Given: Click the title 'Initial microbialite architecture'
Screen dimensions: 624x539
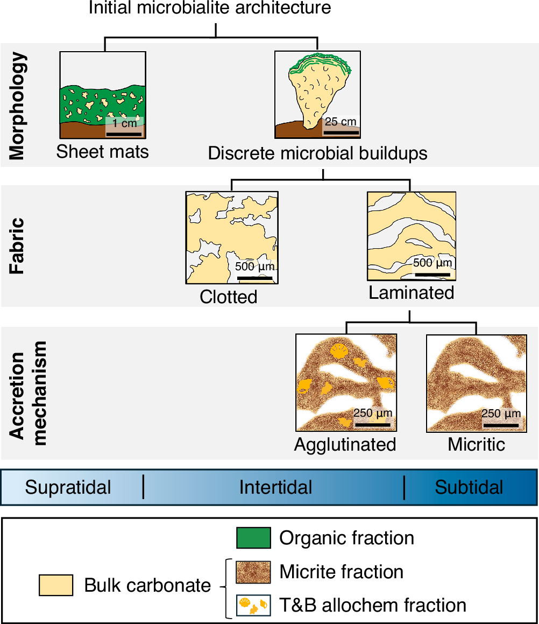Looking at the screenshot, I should [210, 8].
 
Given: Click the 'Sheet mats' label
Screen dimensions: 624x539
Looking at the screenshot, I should [102, 152].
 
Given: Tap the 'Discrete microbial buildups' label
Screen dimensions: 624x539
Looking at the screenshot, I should [317, 153].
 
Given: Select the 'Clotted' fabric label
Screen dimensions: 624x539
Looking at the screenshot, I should [229, 297].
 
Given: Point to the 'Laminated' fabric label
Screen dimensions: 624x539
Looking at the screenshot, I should [412, 293].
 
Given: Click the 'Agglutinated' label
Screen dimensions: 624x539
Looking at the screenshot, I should [345, 445].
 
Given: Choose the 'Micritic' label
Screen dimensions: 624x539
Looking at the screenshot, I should [477, 445].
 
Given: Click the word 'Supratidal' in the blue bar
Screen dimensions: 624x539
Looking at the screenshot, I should [68, 487].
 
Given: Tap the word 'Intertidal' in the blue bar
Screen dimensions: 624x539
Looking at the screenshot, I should [275, 487].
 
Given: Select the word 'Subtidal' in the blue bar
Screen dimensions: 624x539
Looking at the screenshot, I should [469, 487].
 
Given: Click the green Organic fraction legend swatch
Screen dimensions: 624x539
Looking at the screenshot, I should [253, 538].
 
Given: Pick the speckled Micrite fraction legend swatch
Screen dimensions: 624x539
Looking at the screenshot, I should [253, 572].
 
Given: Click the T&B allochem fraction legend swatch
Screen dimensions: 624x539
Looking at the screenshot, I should [253, 605].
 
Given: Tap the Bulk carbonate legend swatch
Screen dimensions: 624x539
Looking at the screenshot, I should [56, 585].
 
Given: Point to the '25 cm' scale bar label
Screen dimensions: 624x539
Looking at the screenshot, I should [341, 121].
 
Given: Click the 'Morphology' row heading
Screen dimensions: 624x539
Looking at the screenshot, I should [18, 106].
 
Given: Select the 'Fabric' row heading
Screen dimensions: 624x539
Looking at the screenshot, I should [18, 246].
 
